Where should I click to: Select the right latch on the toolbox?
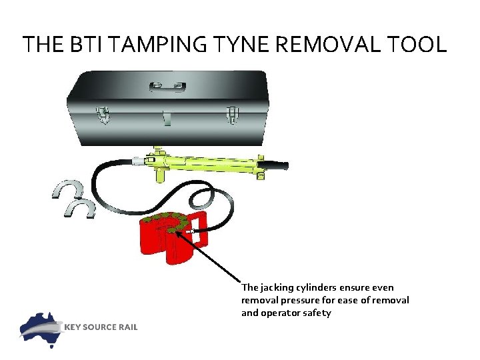tap(231, 115)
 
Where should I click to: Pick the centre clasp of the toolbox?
tap(167, 119)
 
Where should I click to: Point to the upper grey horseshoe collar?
tap(69, 189)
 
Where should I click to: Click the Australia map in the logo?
tap(41, 327)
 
